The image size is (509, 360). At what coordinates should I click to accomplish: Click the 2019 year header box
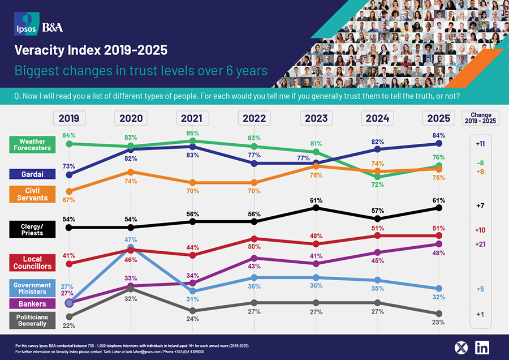click(x=69, y=118)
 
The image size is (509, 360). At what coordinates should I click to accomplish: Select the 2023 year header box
click(x=316, y=118)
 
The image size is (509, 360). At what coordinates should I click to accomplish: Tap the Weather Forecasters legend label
click(x=35, y=144)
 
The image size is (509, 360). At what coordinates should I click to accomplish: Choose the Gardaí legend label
click(x=35, y=174)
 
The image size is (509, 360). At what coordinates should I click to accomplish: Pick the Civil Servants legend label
click(x=35, y=194)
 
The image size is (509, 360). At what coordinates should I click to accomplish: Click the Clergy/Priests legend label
click(x=35, y=229)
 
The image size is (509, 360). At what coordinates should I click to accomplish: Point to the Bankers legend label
click(x=35, y=304)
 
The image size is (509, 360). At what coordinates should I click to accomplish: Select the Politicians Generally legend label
click(x=35, y=320)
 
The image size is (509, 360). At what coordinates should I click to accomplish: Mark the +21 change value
click(x=480, y=244)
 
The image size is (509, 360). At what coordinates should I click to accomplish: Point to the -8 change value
click(x=480, y=163)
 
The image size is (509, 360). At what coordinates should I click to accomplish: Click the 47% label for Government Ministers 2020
click(x=131, y=239)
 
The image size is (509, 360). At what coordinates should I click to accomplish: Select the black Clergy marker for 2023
click(x=316, y=208)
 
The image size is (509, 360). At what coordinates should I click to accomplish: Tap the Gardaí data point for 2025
click(x=439, y=144)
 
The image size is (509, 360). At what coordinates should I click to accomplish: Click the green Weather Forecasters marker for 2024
click(x=377, y=177)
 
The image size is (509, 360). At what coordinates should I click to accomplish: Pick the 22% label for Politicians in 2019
click(x=69, y=326)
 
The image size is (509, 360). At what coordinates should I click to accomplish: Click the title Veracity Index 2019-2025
click(x=91, y=50)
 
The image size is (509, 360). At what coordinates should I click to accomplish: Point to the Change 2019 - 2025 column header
click(x=480, y=118)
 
